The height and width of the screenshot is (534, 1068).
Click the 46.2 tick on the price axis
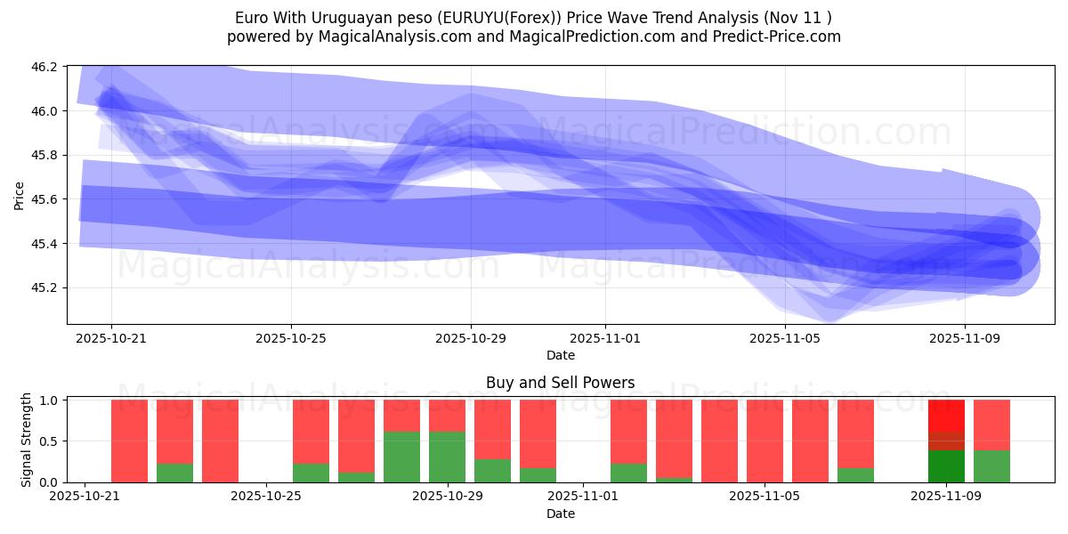(46, 67)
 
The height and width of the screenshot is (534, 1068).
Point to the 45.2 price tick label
(46, 288)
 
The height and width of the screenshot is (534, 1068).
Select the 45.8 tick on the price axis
(46, 156)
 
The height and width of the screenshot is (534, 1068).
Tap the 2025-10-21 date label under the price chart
(111, 338)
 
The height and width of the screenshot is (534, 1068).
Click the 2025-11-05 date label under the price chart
(785, 338)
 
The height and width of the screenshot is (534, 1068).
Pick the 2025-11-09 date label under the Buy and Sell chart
(946, 496)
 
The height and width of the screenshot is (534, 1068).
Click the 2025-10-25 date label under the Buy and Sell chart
(266, 496)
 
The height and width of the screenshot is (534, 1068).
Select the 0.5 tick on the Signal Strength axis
(50, 441)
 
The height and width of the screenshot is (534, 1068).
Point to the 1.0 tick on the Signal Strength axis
(50, 400)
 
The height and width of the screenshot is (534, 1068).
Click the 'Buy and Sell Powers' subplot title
(560, 384)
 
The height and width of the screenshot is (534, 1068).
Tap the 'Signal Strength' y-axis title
(27, 440)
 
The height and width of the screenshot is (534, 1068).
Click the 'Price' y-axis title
(20, 195)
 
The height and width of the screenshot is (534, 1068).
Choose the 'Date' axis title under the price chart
(560, 355)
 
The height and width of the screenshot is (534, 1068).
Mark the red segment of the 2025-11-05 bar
(765, 441)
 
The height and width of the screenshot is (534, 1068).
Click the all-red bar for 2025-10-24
(220, 441)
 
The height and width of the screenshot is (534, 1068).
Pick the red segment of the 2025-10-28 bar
(401, 416)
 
